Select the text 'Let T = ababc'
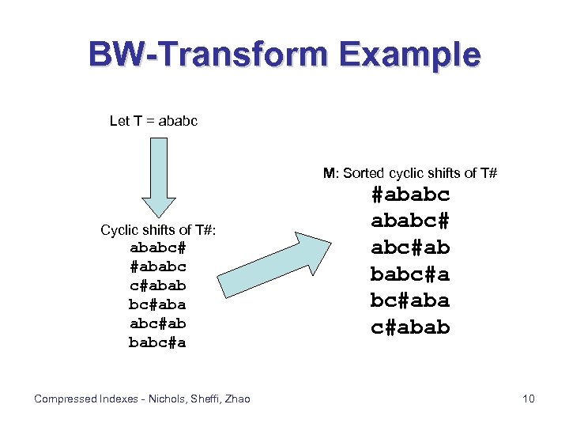pos(153,121)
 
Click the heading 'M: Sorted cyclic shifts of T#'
pos(409,173)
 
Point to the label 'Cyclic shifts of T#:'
pos(158,229)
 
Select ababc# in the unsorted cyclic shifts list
pos(157,248)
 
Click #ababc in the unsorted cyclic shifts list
pos(157,266)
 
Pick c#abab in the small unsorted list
pos(157,285)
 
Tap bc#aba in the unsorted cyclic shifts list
pos(157,304)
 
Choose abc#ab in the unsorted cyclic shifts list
pos(157,323)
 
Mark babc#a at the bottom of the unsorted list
pos(157,342)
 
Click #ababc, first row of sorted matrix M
pos(410,195)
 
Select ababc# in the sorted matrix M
pos(410,221)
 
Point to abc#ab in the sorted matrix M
pos(410,248)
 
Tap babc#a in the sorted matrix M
pos(410,274)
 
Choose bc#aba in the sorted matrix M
pos(410,300)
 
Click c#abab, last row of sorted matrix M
pos(410,327)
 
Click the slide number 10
pos(529,399)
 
